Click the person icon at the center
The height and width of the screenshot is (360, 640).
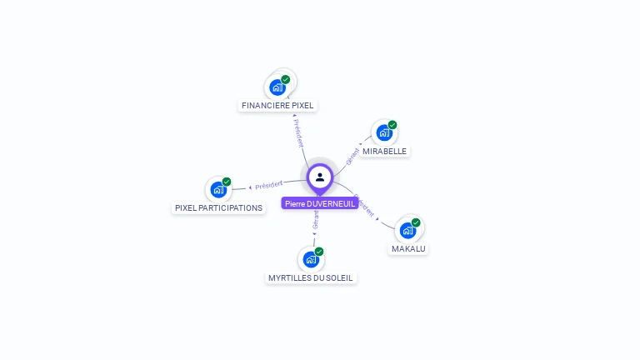tap(320, 177)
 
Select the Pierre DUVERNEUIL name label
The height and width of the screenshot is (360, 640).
tap(320, 203)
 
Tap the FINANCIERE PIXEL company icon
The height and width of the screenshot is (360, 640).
tap(277, 87)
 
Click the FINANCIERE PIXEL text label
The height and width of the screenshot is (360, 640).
tap(277, 106)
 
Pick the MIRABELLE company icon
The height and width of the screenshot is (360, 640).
tap(384, 132)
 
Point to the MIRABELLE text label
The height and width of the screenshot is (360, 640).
tap(385, 152)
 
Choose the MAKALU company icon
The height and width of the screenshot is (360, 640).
tap(407, 230)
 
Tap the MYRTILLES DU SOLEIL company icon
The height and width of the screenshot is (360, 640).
tap(311, 259)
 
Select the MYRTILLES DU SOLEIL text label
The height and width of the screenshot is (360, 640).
tap(311, 277)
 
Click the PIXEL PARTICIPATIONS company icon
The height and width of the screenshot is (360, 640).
tap(218, 189)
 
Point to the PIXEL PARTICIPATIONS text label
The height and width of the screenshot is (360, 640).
tap(218, 207)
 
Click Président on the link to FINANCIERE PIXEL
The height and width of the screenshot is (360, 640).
tap(297, 132)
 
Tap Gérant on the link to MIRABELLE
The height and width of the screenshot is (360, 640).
tap(353, 155)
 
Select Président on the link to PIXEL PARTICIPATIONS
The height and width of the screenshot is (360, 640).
tap(269, 184)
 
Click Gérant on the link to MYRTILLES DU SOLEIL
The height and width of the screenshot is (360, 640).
tap(315, 219)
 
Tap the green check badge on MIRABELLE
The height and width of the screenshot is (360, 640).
tap(392, 125)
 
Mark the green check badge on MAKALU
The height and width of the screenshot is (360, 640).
tap(416, 222)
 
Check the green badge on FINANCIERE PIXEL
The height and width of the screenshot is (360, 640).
tap(286, 80)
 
